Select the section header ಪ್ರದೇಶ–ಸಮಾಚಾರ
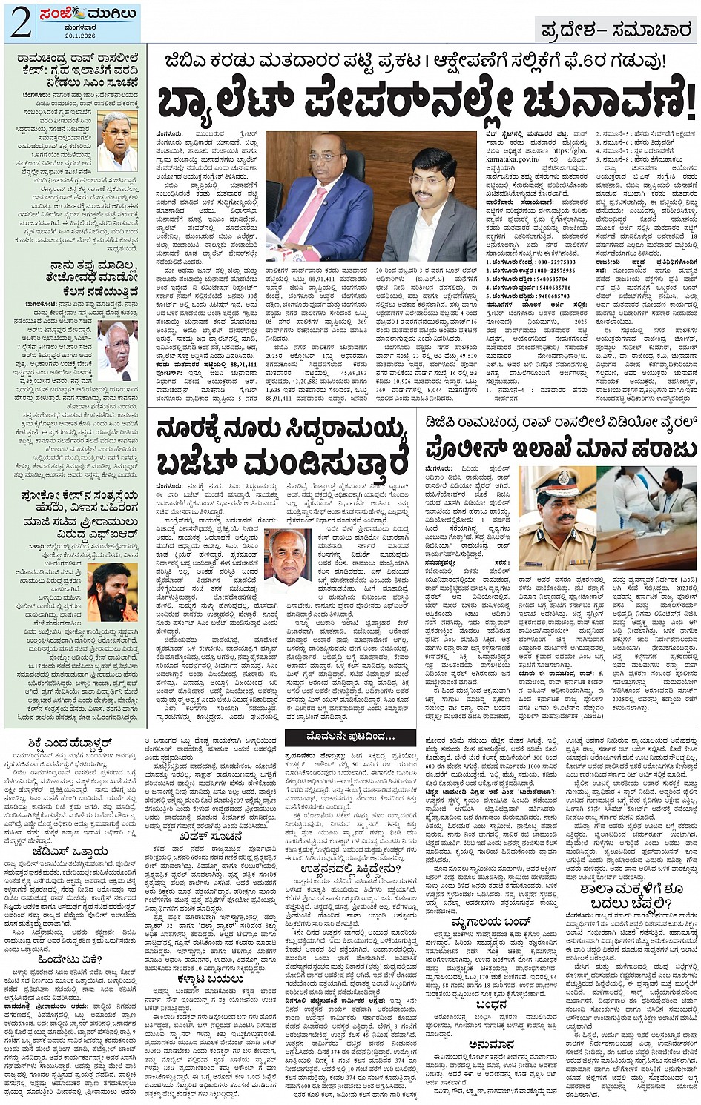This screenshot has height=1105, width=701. [x=615, y=30]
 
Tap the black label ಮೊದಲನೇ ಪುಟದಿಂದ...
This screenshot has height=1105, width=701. [x=350, y=737]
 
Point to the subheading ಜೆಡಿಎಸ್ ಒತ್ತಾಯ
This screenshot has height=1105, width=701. [x=71, y=851]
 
